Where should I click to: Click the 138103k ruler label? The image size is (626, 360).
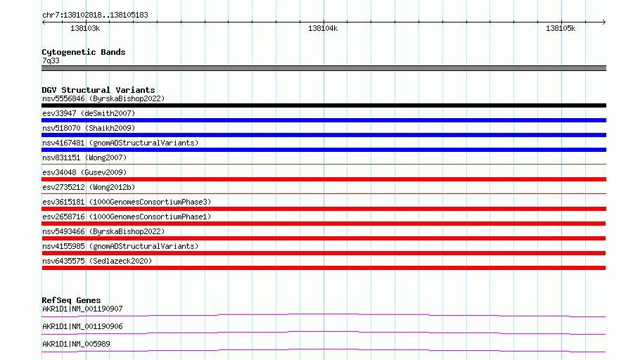pyautogui.click(x=85, y=28)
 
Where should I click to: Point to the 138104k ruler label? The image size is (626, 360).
pyautogui.click(x=323, y=28)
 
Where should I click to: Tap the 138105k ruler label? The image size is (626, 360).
pyautogui.click(x=561, y=28)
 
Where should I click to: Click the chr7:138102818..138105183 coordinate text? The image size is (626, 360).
pyautogui.click(x=95, y=15)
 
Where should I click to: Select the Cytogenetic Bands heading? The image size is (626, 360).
pyautogui.click(x=84, y=52)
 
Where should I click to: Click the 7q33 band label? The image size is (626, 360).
pyautogui.click(x=51, y=60)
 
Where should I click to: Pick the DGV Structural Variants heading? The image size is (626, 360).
pyautogui.click(x=98, y=90)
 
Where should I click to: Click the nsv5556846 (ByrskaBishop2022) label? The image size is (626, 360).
pyautogui.click(x=103, y=98)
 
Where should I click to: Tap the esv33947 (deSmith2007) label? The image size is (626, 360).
pyautogui.click(x=89, y=113)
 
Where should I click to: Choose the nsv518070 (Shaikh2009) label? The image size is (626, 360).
pyautogui.click(x=89, y=128)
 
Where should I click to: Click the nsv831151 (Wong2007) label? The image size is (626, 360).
pyautogui.click(x=84, y=157)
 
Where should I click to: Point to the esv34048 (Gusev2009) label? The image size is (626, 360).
pyautogui.click(x=84, y=172)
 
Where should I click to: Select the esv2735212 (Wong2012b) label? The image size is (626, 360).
pyautogui.click(x=89, y=187)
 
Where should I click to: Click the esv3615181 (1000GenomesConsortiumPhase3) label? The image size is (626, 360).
pyautogui.click(x=127, y=202)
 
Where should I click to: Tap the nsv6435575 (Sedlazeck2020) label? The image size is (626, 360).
pyautogui.click(x=97, y=261)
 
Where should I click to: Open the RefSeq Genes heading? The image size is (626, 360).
pyautogui.click(x=71, y=300)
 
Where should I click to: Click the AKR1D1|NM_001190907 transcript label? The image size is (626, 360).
pyautogui.click(x=82, y=309)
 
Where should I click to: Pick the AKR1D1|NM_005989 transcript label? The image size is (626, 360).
pyautogui.click(x=76, y=344)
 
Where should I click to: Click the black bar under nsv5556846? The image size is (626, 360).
pyautogui.click(x=324, y=105)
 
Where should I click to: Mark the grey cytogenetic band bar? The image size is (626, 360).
pyautogui.click(x=324, y=68)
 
